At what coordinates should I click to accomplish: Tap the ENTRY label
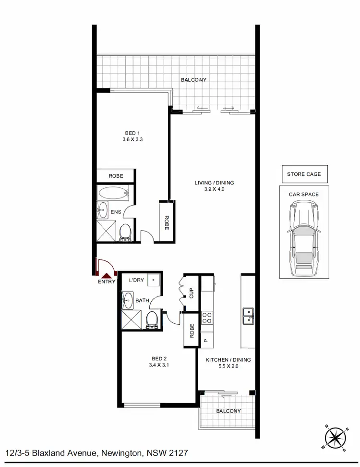click(x=106, y=282)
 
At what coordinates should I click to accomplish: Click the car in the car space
click(x=303, y=235)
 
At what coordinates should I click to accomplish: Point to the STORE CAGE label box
click(x=304, y=174)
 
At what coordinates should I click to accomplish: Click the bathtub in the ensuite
click(x=114, y=194)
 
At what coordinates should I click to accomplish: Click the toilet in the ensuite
click(x=126, y=232)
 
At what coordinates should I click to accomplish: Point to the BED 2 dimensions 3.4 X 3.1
click(x=158, y=364)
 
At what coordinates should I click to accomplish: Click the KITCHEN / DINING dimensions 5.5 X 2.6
click(x=228, y=366)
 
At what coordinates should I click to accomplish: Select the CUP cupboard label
click(x=191, y=293)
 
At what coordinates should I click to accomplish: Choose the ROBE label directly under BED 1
click(x=116, y=176)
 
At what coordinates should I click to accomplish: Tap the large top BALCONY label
click(x=193, y=79)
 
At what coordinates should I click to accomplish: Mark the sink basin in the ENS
click(x=103, y=209)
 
